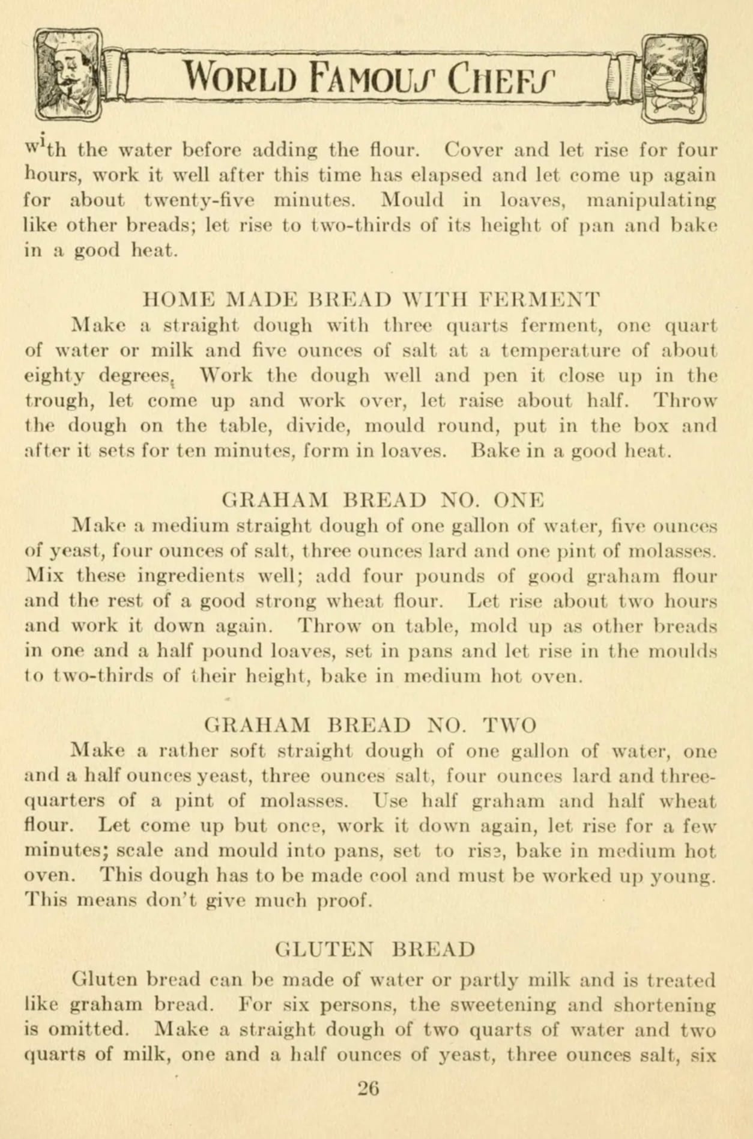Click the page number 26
[x=368, y=1089]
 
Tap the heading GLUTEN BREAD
[x=375, y=950]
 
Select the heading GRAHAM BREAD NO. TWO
[x=370, y=725]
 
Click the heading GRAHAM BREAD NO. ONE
[x=383, y=500]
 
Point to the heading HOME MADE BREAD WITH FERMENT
[x=372, y=299]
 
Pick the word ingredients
[x=190, y=576]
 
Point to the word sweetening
[x=504, y=1004]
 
